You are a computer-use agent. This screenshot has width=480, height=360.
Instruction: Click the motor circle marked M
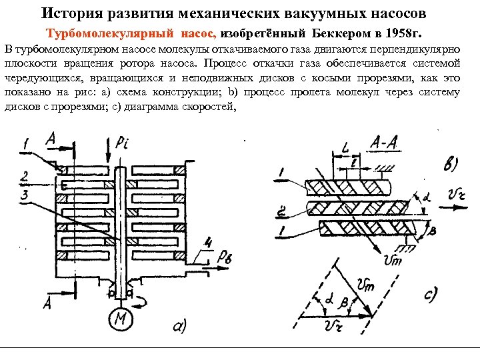click(x=121, y=319)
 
